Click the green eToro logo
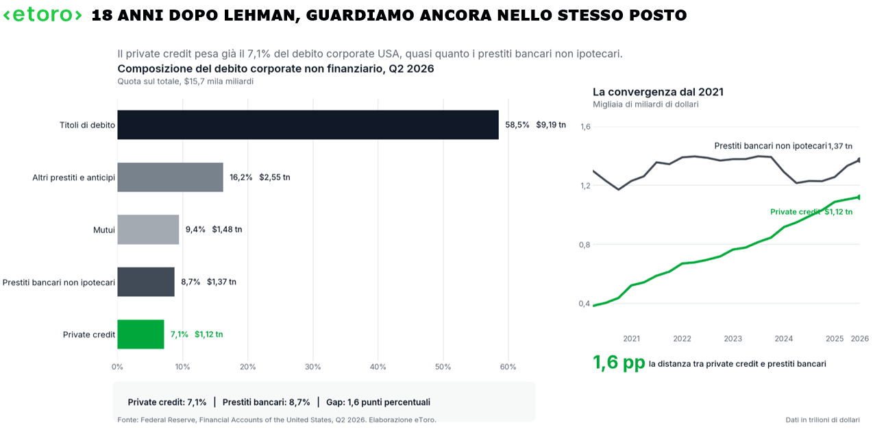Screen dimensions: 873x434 (x=42, y=15)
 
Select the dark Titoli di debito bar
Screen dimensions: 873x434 (x=308, y=125)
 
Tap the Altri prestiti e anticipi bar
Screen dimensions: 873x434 (x=171, y=178)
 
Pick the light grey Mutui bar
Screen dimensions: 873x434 (x=148, y=230)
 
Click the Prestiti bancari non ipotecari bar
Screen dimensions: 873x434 (x=146, y=282)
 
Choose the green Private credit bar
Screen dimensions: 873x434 (x=140, y=335)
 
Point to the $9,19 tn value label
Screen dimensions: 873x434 (x=551, y=125)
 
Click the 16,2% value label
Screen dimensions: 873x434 (x=241, y=178)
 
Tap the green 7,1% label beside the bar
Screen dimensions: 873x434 (x=180, y=335)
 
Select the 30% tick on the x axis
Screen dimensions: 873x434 (x=312, y=367)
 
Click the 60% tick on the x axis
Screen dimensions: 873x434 (x=508, y=367)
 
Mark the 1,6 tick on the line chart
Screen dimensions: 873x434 (x=585, y=127)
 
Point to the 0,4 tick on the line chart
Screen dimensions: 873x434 (x=585, y=304)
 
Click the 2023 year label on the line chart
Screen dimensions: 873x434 (x=733, y=339)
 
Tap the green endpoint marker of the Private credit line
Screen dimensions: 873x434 (x=858, y=197)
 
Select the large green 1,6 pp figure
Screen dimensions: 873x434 (x=619, y=363)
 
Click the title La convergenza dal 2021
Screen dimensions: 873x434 (x=658, y=92)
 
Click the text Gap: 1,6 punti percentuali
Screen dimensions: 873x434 (x=378, y=402)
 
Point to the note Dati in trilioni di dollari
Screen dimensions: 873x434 (x=822, y=420)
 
